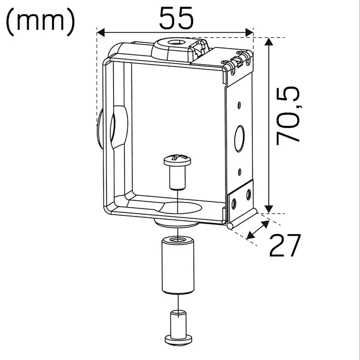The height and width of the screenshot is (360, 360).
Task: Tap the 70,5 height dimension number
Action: pyautogui.click(x=288, y=116)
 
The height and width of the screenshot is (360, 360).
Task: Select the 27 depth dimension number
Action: pyautogui.click(x=285, y=245)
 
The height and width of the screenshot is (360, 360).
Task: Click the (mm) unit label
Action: pyautogui.click(x=40, y=22)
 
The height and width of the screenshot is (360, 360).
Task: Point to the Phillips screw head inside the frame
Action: pyautogui.click(x=177, y=160)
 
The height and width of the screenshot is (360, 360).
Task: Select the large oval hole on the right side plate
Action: pyautogui.click(x=239, y=138)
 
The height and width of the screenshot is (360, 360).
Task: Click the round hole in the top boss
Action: pyautogui.click(x=177, y=43)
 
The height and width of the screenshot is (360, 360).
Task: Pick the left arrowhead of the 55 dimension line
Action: pyautogui.click(x=100, y=32)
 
